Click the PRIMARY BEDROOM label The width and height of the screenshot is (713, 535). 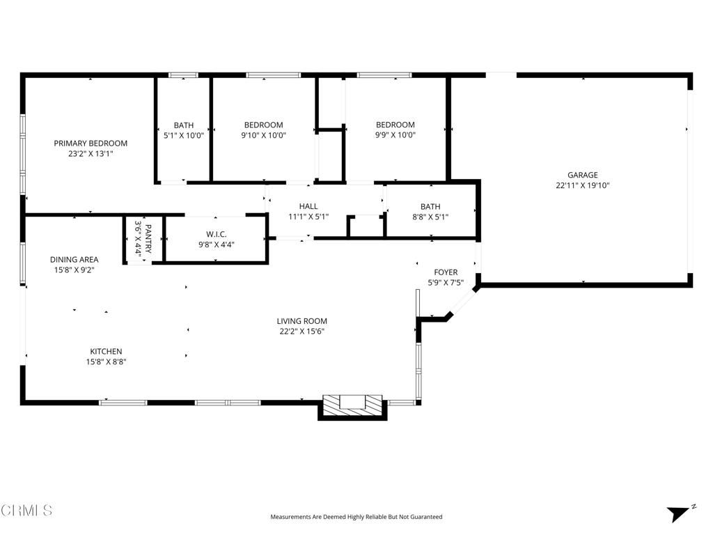[91, 144]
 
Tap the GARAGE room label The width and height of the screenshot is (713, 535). [582, 176]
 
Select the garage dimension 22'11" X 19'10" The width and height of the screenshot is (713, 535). [582, 186]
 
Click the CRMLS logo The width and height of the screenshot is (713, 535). [26, 511]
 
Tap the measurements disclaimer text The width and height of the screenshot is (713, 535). [356, 517]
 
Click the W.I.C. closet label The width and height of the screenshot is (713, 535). [217, 234]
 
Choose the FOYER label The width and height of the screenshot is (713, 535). [446, 272]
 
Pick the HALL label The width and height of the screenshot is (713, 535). [308, 206]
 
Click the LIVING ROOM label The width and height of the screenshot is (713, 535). [301, 321]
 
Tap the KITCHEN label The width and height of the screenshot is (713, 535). [106, 351]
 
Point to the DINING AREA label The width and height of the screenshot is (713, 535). [74, 260]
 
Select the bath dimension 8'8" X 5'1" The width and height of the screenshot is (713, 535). [430, 217]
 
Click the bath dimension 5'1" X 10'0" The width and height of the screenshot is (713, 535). [184, 136]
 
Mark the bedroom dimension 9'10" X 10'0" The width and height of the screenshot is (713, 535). [263, 136]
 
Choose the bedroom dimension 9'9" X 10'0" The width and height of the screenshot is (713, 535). [395, 136]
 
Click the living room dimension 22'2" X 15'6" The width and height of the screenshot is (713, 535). [301, 332]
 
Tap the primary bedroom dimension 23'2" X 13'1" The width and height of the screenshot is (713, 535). [91, 154]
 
